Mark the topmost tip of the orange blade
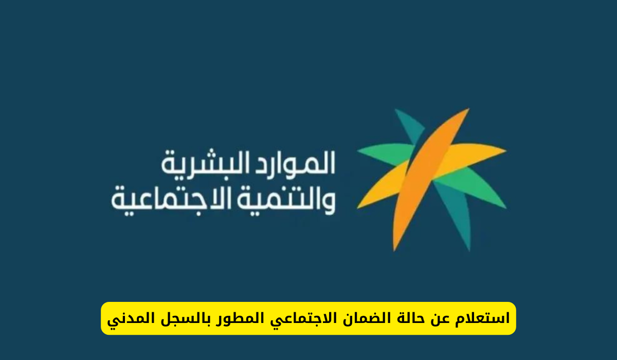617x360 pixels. coord(468,109)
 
